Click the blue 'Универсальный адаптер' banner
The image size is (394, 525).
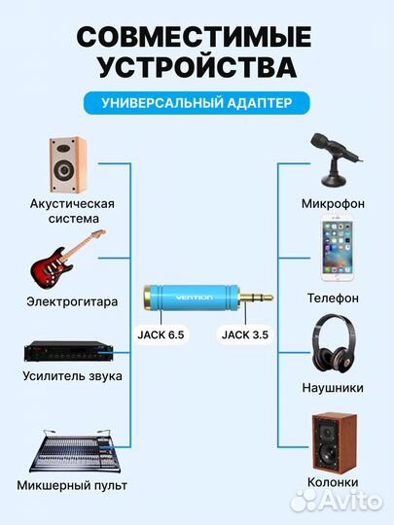[197, 101]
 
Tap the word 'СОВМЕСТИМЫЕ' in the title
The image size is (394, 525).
[197, 36]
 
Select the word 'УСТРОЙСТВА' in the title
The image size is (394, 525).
[197, 68]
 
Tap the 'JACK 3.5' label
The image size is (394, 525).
[243, 334]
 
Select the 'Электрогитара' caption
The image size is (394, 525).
[72, 301]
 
